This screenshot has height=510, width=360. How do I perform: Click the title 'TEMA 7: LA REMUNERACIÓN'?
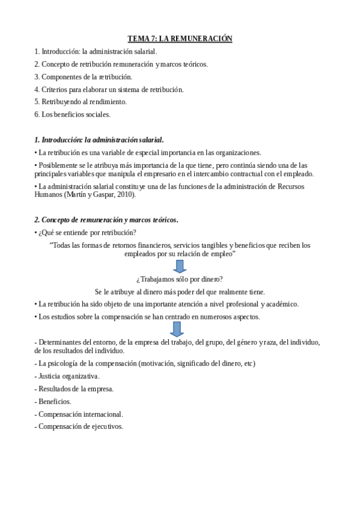click(x=180, y=38)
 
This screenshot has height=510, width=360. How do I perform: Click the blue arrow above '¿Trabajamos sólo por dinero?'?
click(x=180, y=266)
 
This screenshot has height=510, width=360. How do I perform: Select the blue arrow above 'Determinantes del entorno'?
click(x=177, y=328)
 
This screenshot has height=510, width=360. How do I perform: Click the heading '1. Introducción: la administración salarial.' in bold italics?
click(x=99, y=140)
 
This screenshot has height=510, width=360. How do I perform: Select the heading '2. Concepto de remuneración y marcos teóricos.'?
click(x=106, y=220)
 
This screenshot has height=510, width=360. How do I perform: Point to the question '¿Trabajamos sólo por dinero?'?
click(x=180, y=278)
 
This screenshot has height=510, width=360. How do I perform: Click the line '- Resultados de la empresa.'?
click(x=74, y=389)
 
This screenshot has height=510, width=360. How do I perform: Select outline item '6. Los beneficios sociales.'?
click(x=72, y=114)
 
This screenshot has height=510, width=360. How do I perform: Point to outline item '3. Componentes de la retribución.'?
click(x=83, y=76)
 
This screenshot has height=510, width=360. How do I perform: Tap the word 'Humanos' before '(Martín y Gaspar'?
click(x=49, y=194)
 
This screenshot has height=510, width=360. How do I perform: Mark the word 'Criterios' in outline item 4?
click(x=53, y=89)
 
